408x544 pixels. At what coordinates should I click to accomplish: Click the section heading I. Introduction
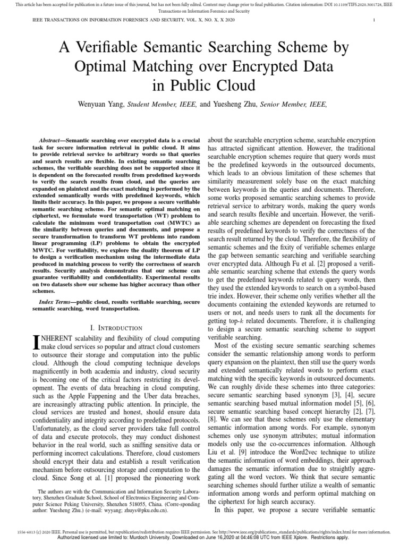(x=109, y=328)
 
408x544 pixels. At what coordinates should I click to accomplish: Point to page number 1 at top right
(x=375, y=21)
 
